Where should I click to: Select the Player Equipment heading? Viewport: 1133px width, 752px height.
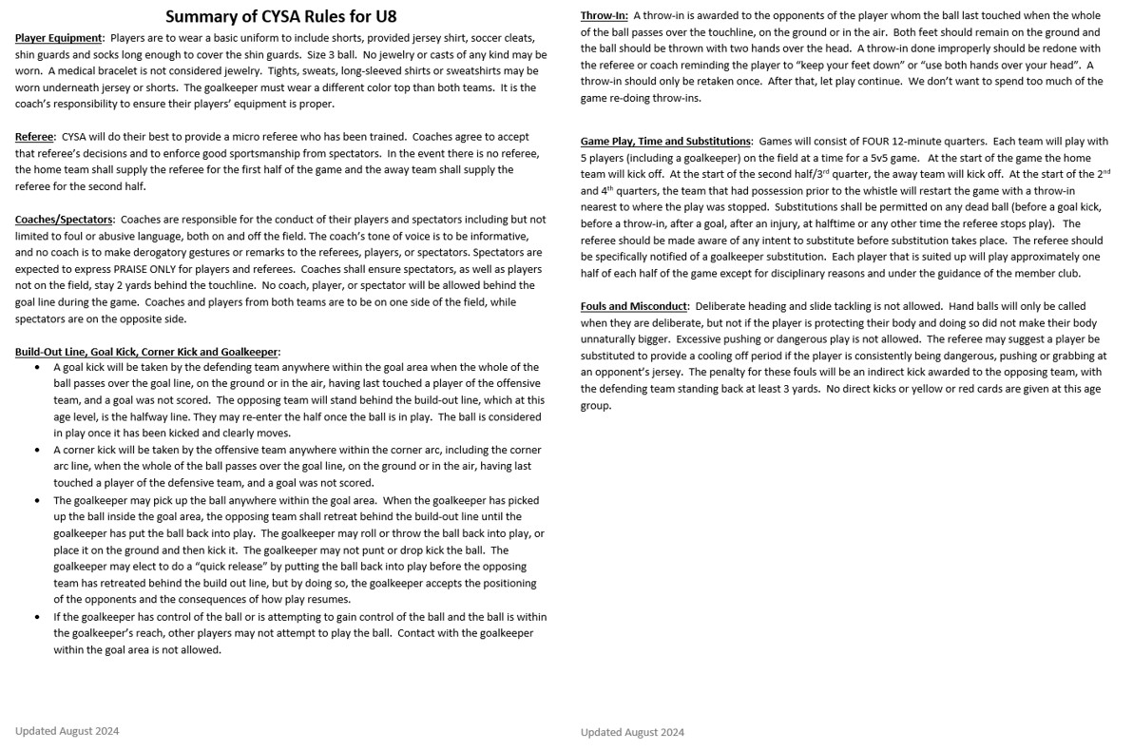58,38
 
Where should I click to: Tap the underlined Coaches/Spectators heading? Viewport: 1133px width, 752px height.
64,220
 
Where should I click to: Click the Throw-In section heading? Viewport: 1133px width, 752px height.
604,15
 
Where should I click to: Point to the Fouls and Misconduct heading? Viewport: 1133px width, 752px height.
634,306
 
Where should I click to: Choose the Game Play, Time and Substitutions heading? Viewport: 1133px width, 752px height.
665,142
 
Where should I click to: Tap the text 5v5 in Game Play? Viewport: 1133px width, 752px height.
872,158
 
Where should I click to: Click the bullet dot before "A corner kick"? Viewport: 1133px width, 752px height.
37,451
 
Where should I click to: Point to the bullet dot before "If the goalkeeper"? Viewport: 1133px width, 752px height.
37,617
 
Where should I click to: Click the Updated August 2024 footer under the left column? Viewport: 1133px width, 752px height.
67,731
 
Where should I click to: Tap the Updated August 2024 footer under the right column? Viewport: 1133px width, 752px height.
632,732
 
